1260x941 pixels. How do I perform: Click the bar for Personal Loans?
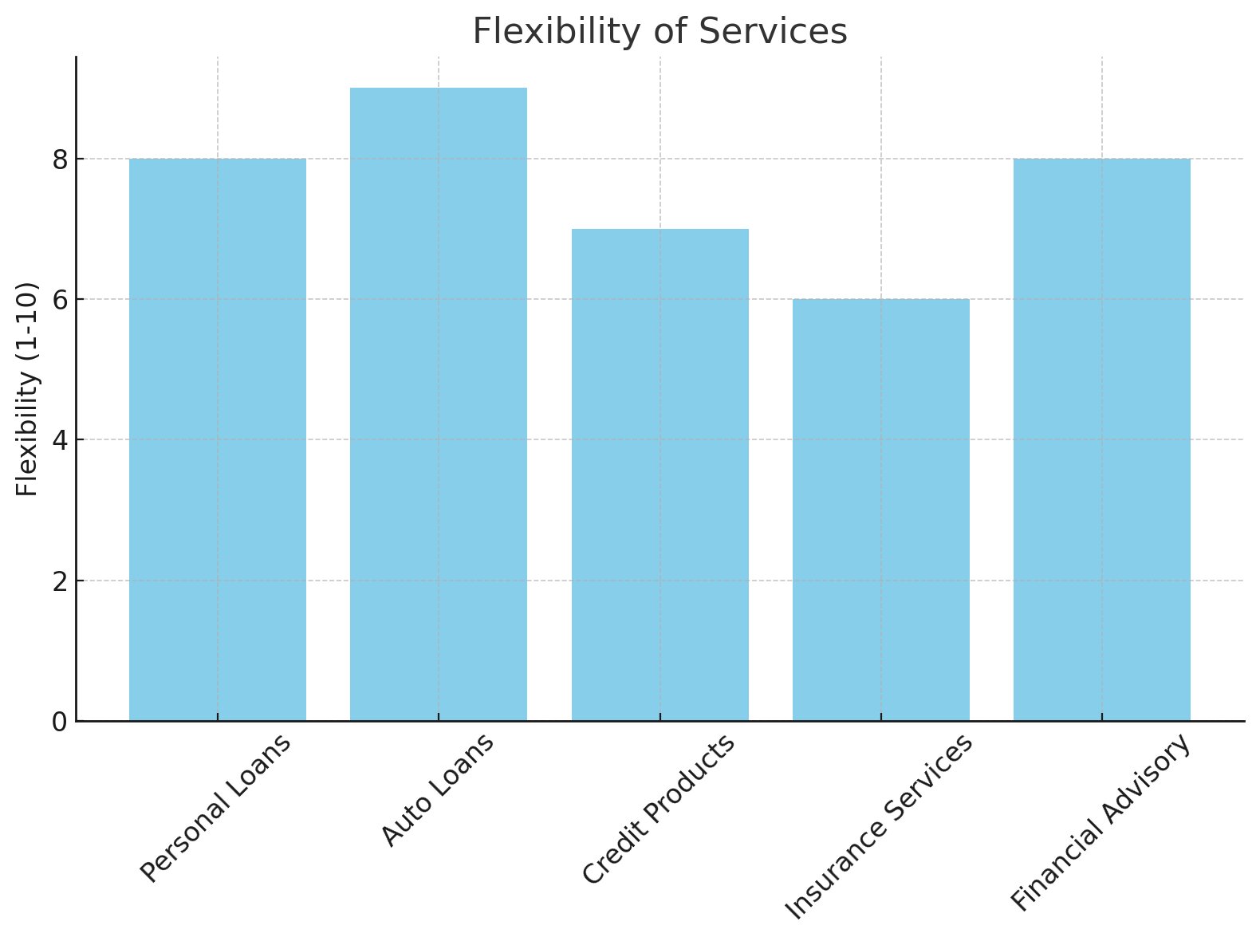tap(217, 439)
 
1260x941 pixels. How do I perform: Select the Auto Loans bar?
tap(438, 404)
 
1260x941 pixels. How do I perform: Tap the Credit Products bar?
tap(660, 474)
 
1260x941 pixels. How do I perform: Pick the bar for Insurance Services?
tap(880, 510)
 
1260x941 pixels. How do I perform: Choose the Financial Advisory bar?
tap(1101, 439)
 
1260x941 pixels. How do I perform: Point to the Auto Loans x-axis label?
tap(437, 789)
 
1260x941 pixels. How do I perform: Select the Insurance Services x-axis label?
tap(880, 826)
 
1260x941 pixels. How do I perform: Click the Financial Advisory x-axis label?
tap(1101, 822)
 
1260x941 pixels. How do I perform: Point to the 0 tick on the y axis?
tap(60, 721)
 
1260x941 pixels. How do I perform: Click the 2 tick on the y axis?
tap(60, 581)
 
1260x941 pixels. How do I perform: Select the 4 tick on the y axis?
tap(60, 439)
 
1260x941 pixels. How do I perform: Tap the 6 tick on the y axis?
tap(60, 299)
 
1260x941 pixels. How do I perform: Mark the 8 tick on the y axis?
tap(60, 159)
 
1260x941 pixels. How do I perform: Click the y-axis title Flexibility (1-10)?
tap(27, 388)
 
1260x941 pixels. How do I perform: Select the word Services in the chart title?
tap(774, 32)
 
